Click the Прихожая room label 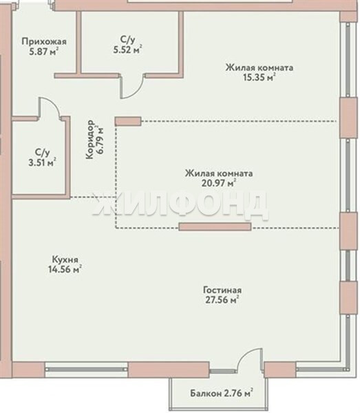coord(44,41)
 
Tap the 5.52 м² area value coord(128,50)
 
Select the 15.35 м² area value coord(260,77)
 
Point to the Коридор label coord(90,139)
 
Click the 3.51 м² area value coord(42,162)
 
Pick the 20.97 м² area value coord(219,183)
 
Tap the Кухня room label coord(65,260)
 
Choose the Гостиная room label coord(222,290)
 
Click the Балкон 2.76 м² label coord(222,393)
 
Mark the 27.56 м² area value coord(222,299)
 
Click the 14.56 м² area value coord(65,269)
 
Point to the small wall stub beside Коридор coord(128,121)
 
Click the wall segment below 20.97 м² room coord(215,226)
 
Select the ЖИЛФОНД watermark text coord(180,205)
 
